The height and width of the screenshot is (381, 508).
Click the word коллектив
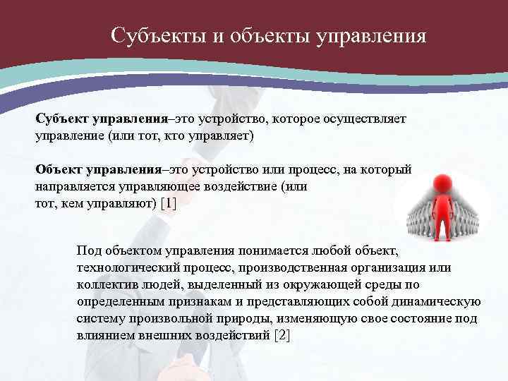(x=106, y=284)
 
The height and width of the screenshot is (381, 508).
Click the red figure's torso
(x=443, y=209)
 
